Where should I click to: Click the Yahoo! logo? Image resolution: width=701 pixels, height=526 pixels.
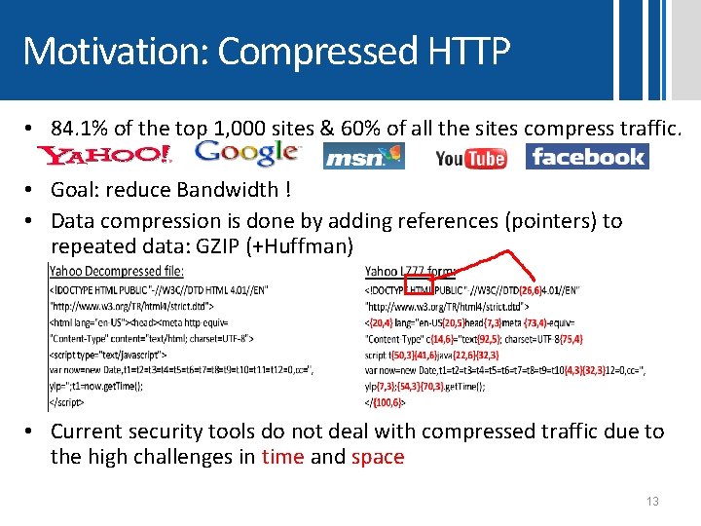click(104, 155)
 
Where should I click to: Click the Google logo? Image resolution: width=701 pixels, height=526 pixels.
click(246, 152)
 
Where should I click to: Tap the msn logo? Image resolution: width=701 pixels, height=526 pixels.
click(363, 157)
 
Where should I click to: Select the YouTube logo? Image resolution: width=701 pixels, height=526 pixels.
click(471, 158)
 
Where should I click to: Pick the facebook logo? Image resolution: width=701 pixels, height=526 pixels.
click(587, 156)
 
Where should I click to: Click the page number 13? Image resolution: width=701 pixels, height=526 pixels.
click(652, 502)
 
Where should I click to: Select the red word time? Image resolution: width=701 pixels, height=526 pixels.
click(282, 457)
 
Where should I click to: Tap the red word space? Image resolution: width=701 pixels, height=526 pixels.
click(378, 457)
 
